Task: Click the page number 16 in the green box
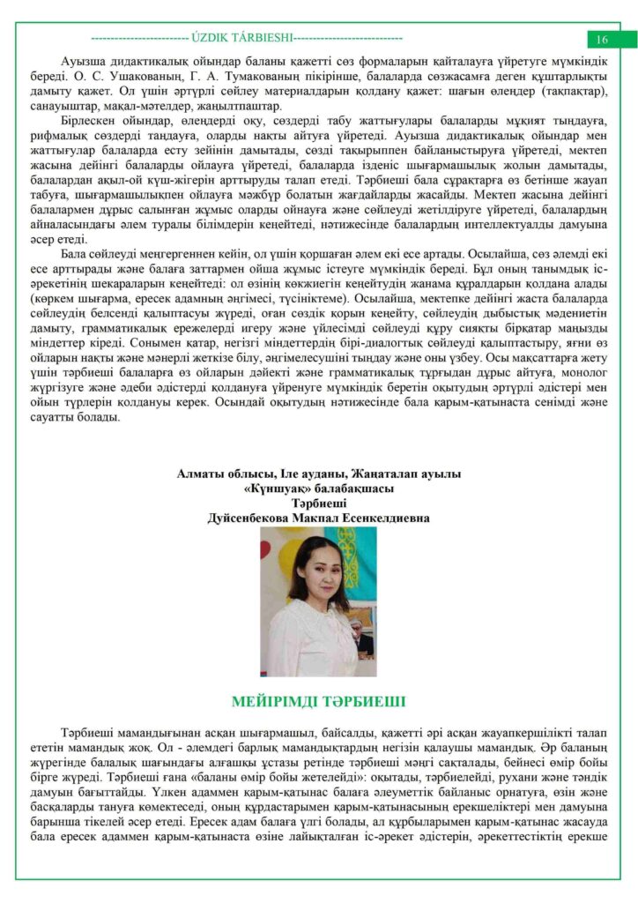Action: click(603, 40)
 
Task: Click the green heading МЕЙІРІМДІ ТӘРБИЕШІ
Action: click(318, 702)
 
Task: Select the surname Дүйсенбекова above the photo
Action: click(249, 519)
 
